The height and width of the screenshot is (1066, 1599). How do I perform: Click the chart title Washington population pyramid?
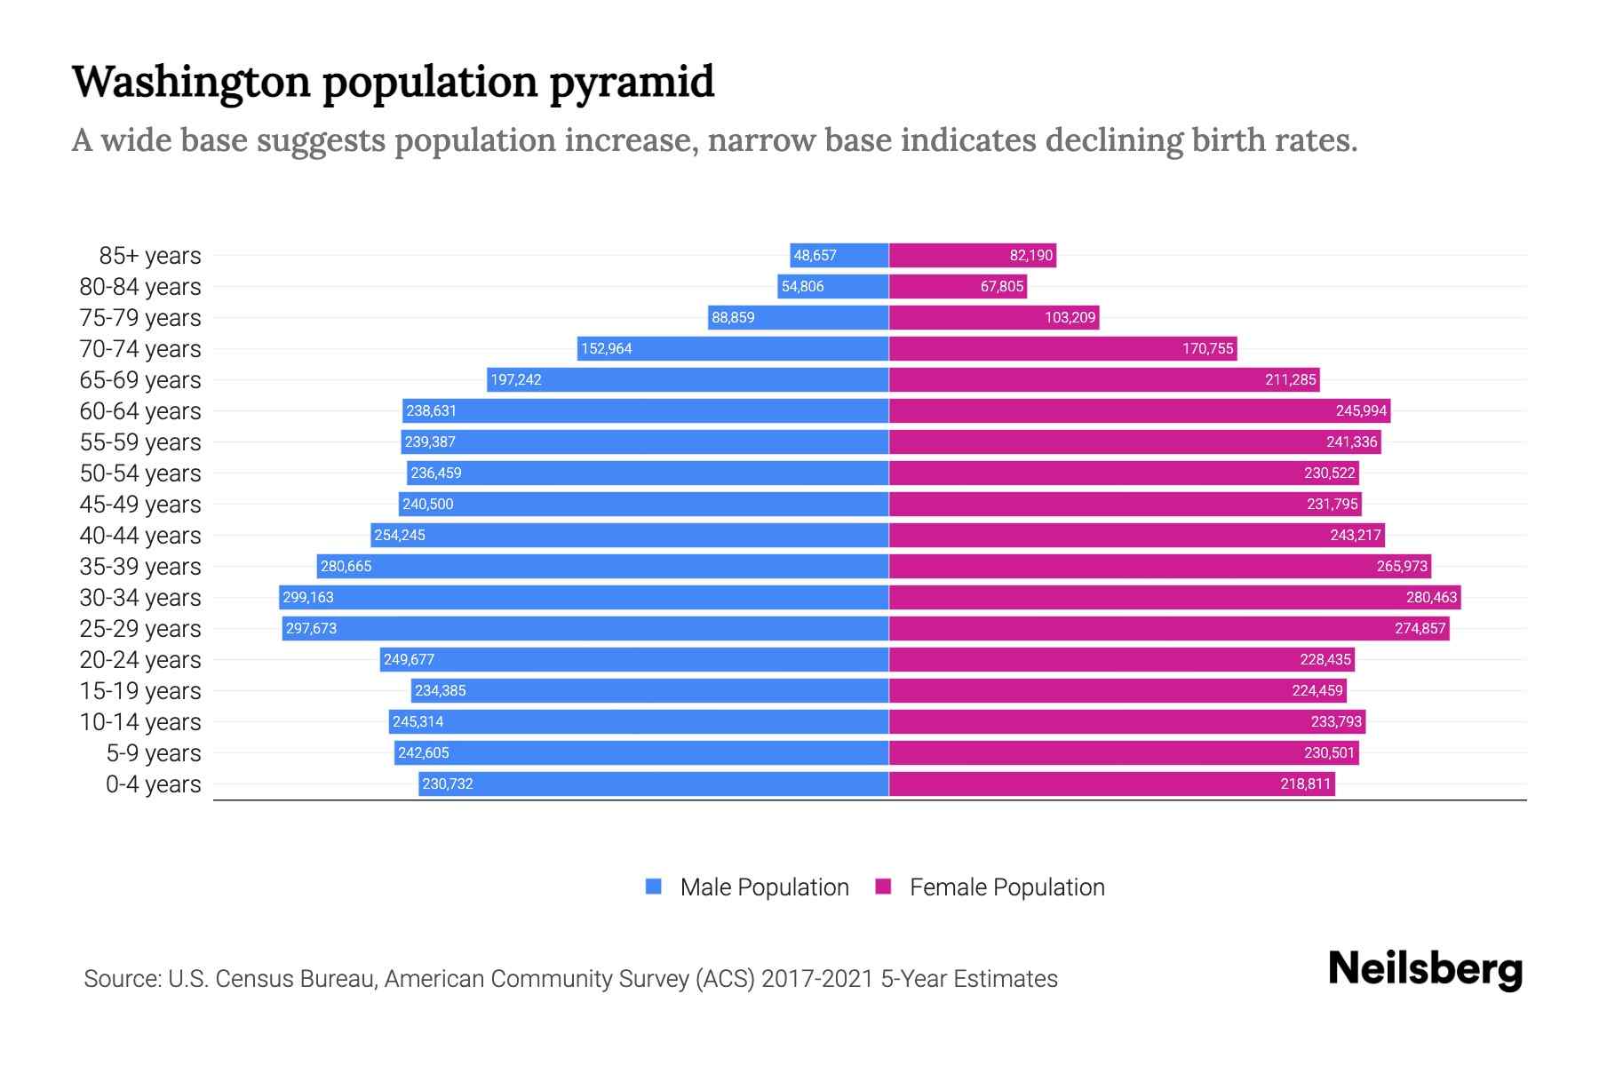tap(393, 82)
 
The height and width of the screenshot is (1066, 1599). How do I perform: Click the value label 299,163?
tap(308, 597)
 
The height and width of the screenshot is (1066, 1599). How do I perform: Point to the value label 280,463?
tap(1431, 597)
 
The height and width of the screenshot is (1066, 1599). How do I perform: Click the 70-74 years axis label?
tap(140, 349)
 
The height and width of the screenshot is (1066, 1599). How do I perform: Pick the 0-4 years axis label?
tap(153, 784)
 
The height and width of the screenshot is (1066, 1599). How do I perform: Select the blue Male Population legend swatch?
tap(654, 887)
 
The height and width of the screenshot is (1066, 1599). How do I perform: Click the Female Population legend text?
tap(1006, 887)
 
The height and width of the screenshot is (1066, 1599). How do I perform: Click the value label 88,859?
tap(733, 317)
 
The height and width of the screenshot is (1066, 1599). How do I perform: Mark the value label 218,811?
tap(1305, 784)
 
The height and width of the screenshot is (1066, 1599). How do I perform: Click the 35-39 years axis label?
tap(140, 567)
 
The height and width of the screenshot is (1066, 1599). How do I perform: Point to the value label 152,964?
tap(607, 348)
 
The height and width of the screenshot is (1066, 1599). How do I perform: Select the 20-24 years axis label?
tap(140, 660)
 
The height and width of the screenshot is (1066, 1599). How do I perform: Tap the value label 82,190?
tap(1030, 255)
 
